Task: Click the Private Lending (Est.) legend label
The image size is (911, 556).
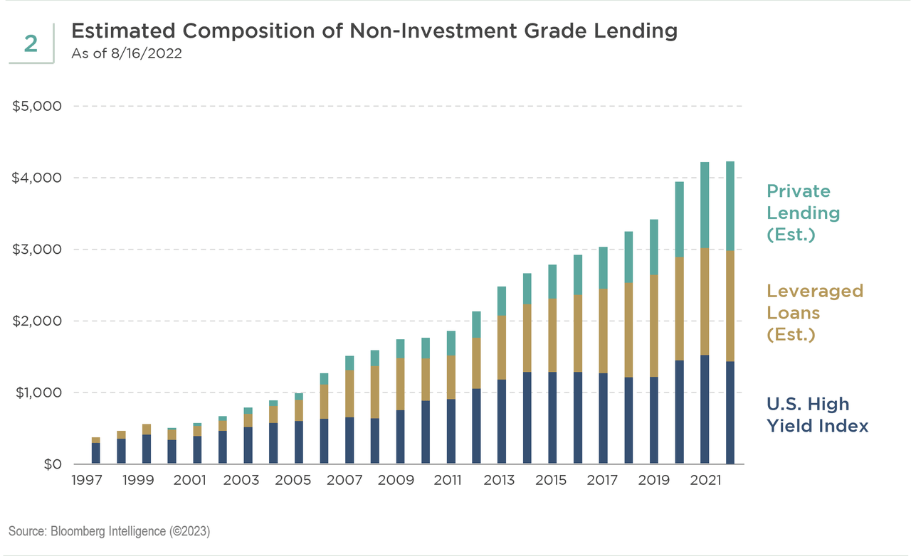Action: [803, 213]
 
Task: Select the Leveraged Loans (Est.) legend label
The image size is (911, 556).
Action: [814, 312]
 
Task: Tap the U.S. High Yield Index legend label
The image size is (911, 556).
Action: [818, 415]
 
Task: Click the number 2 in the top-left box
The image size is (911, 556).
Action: [31, 44]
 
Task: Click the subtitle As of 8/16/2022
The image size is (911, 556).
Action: [127, 54]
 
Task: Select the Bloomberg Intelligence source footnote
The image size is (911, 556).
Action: [109, 531]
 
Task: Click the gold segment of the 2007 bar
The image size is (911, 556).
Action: [349, 394]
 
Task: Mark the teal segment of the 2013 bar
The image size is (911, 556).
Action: [502, 301]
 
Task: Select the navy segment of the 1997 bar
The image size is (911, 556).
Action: [95, 454]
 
